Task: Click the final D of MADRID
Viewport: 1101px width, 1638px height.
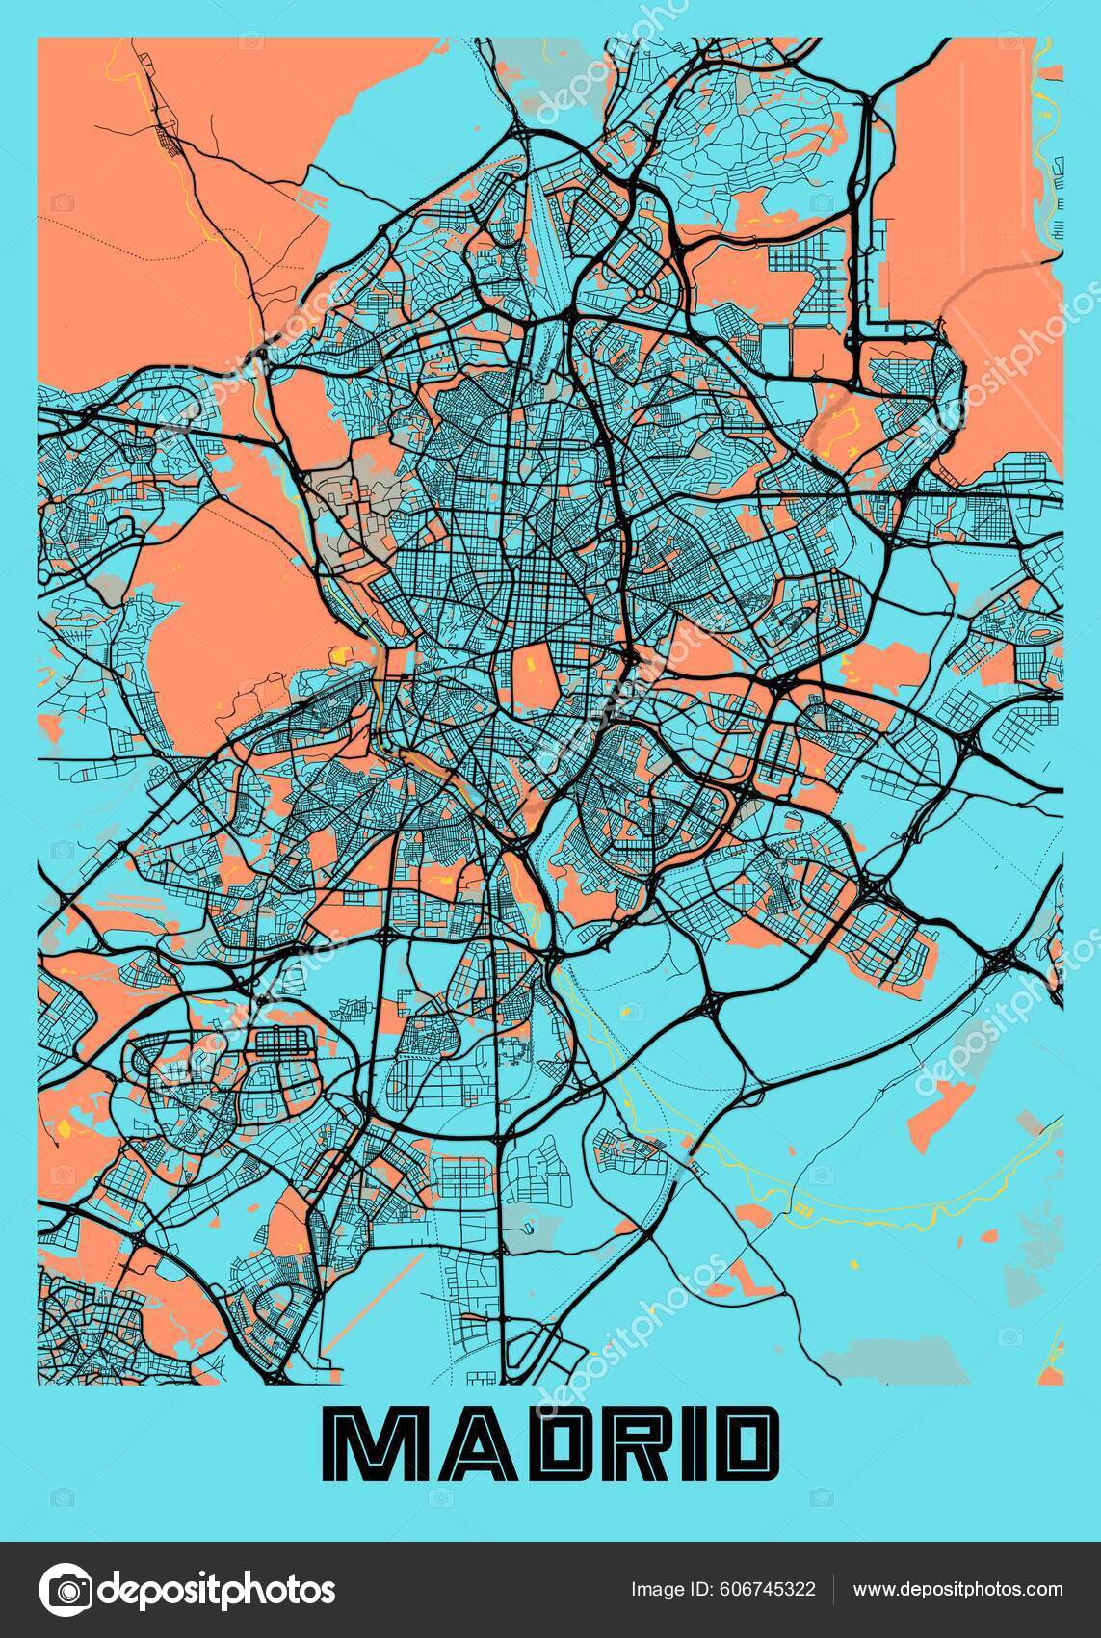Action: [x=734, y=1446]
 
